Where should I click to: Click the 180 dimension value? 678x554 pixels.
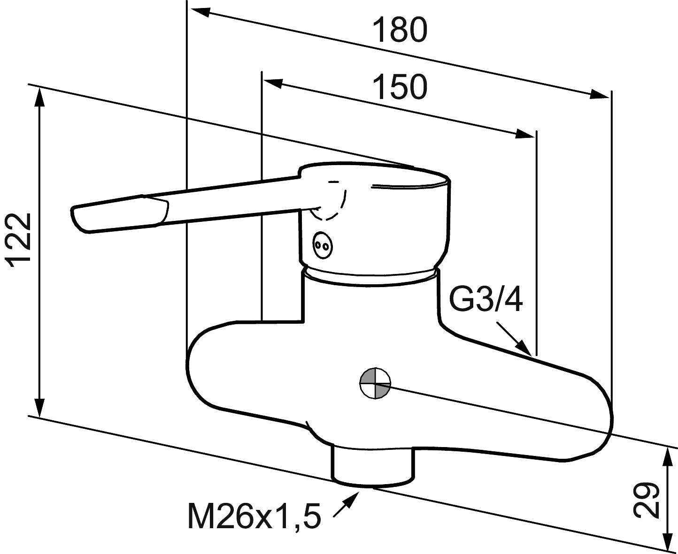tap(400, 30)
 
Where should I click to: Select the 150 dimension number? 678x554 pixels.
tap(400, 87)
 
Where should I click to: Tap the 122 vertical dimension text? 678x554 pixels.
tap(21, 240)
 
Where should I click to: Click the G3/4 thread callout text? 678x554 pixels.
tap(485, 300)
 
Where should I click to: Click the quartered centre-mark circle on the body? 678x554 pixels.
tap(375, 383)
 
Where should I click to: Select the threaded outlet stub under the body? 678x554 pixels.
tap(374, 465)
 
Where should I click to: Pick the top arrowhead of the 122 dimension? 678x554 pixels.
tap(40, 96)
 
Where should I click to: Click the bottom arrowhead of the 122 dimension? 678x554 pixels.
tap(40, 406)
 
